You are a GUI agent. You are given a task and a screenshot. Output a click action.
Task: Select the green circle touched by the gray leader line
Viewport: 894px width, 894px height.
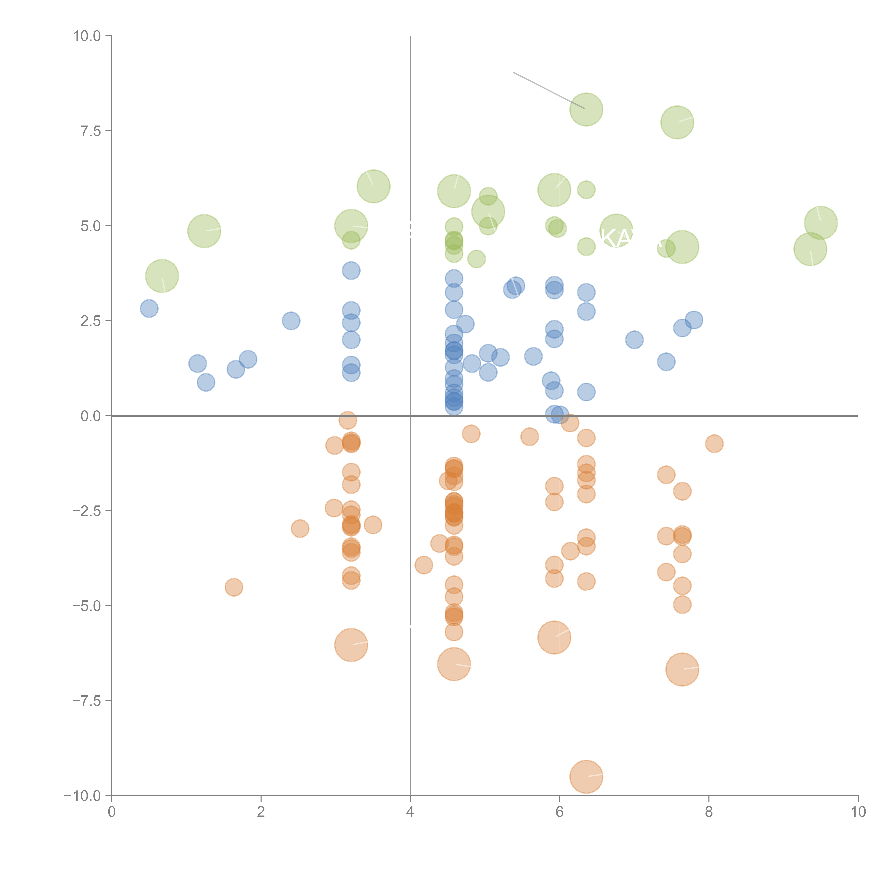[586, 110]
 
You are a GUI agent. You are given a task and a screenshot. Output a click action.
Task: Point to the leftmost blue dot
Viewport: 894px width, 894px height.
[149, 308]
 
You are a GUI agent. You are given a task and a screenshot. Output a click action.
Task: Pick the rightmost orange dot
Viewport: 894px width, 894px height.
[714, 444]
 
